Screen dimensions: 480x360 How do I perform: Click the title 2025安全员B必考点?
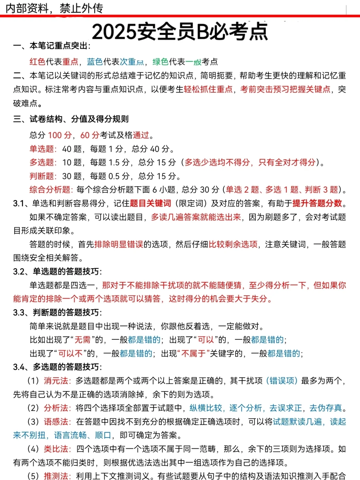click(x=180, y=32)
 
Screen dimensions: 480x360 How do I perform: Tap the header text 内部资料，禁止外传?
click(x=54, y=8)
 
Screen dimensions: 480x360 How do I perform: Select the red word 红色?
click(x=37, y=62)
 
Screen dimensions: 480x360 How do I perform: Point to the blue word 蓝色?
click(x=95, y=62)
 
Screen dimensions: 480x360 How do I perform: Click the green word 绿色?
click(x=161, y=62)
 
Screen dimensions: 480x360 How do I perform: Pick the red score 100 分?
click(x=60, y=135)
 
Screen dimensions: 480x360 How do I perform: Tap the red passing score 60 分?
click(x=90, y=135)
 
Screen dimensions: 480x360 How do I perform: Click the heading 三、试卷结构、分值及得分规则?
click(x=71, y=119)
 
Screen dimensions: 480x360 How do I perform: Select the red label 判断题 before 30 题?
click(x=42, y=176)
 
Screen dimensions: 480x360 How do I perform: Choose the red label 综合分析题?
click(x=50, y=190)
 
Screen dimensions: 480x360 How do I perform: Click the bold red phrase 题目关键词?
click(x=150, y=203)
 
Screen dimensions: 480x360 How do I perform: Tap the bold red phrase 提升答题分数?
click(x=317, y=203)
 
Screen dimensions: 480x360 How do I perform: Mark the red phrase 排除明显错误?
click(x=119, y=244)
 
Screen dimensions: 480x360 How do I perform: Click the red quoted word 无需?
click(x=82, y=340)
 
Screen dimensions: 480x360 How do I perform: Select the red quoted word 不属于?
click(x=194, y=353)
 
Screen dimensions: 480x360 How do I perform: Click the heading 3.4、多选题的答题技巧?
click(x=57, y=367)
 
